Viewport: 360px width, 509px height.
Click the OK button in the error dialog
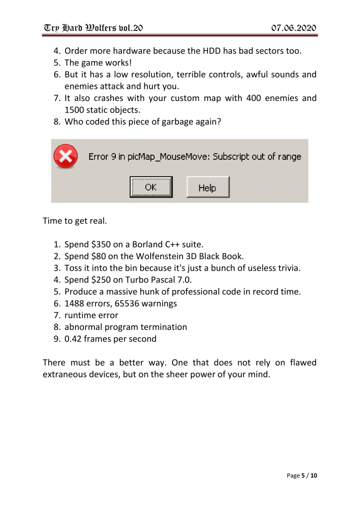(151, 188)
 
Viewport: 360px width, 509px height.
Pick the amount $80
(99, 257)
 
